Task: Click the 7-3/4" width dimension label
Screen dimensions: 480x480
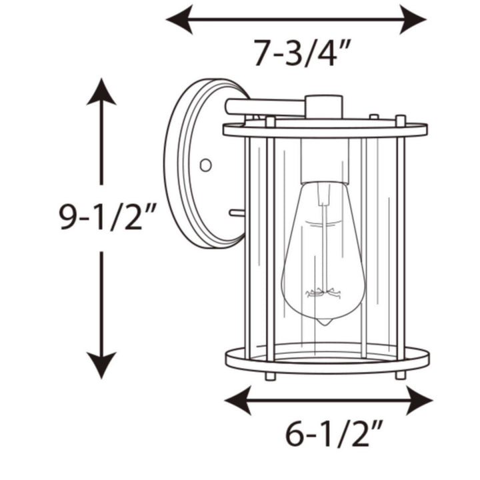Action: click(302, 54)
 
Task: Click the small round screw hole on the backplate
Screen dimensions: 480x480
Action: click(205, 164)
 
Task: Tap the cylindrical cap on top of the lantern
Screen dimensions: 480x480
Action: click(324, 107)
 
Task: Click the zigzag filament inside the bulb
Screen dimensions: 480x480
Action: click(324, 293)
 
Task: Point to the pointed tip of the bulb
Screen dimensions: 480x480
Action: click(324, 323)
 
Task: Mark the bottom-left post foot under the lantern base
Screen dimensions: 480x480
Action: click(270, 377)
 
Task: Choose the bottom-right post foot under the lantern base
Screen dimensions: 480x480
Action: click(400, 376)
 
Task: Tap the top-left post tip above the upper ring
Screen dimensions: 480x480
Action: click(270, 121)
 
